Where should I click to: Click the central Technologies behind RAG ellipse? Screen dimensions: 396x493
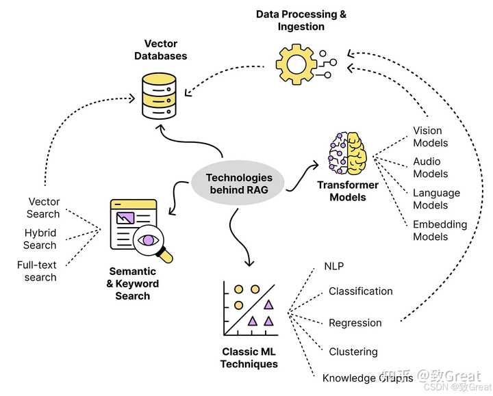tap(239, 184)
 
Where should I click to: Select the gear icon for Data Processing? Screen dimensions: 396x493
tap(299, 64)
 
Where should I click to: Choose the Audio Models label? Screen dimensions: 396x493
tap(430, 168)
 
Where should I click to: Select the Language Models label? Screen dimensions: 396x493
tap(435, 199)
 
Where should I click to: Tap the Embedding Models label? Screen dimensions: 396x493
tap(440, 230)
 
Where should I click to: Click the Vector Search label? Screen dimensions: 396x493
tap(43, 208)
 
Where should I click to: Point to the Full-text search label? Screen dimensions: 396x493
tap(37, 271)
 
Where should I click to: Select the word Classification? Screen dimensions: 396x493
tap(360, 291)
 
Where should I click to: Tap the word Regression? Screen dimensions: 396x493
tap(355, 323)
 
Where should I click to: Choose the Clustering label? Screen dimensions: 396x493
tap(353, 352)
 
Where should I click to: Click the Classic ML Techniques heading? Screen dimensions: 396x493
tap(249, 358)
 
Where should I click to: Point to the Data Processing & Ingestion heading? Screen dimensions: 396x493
tap(301, 20)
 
